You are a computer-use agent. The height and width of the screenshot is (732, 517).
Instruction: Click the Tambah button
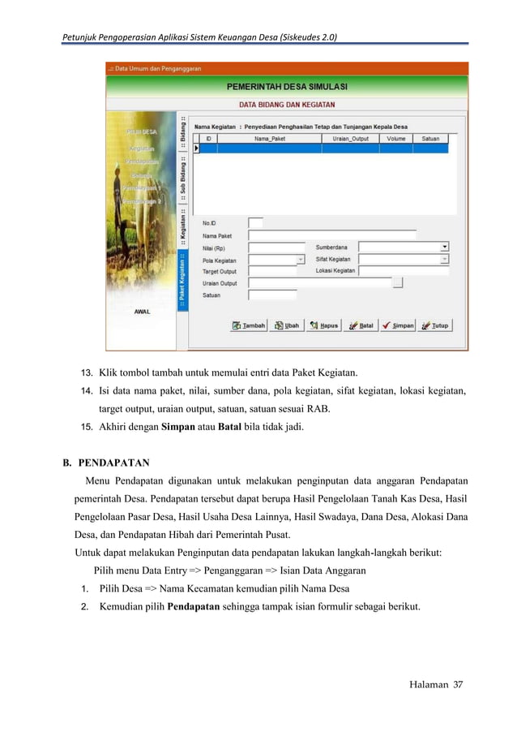coord(249,325)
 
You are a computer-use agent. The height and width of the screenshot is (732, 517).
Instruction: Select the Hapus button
coord(323,325)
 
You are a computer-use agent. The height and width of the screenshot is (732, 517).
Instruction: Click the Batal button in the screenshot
coord(361,325)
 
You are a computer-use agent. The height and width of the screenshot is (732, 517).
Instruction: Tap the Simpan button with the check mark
coord(398,325)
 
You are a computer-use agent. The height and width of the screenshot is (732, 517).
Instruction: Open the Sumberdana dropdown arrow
coord(445,247)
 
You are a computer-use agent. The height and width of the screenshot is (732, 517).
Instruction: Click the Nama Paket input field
coord(331,235)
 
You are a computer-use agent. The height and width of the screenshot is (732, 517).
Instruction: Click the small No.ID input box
coord(255,222)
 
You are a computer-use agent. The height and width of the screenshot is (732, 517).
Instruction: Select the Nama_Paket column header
coord(271,139)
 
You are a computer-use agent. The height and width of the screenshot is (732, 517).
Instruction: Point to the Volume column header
coord(395,139)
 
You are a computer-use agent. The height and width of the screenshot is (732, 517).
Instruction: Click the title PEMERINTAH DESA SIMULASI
coord(287,85)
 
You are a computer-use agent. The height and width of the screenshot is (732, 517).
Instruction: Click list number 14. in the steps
coord(84,392)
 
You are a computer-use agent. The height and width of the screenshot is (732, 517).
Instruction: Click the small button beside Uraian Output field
coord(397,283)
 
